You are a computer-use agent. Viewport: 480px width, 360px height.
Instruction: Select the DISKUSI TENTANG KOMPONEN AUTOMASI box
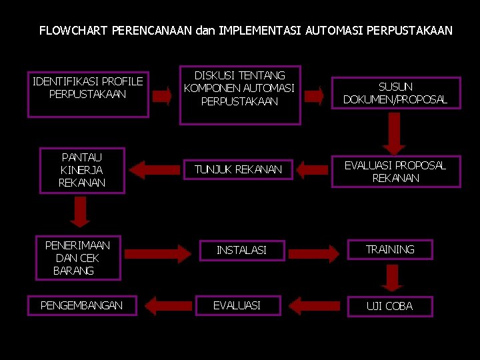[x=240, y=95]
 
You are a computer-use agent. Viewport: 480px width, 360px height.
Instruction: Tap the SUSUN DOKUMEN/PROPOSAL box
[x=395, y=93]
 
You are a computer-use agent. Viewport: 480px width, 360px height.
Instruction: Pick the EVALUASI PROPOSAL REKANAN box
[x=395, y=171]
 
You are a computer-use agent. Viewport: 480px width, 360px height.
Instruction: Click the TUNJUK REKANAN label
[x=238, y=169]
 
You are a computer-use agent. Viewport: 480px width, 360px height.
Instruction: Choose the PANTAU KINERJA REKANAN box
[x=82, y=170]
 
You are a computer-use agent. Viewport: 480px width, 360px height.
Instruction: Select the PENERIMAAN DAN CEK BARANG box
[x=77, y=257]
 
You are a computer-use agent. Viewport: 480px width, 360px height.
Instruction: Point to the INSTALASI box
[x=241, y=250]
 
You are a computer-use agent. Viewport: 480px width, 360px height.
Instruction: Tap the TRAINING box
[x=390, y=249]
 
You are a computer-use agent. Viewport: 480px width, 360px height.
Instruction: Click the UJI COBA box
[x=390, y=306]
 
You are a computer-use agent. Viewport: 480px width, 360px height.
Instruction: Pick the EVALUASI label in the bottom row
[x=237, y=305]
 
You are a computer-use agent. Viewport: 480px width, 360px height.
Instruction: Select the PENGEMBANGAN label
[x=81, y=305]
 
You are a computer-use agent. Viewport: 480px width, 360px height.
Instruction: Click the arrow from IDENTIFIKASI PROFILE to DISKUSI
[x=162, y=95]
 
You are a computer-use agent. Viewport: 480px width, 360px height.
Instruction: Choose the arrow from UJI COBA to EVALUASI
[x=315, y=306]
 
